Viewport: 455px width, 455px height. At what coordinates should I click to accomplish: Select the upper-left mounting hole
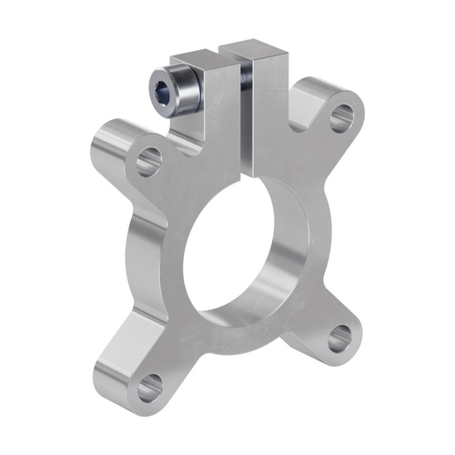[148, 164]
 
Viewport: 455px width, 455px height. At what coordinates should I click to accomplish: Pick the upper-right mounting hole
[342, 117]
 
